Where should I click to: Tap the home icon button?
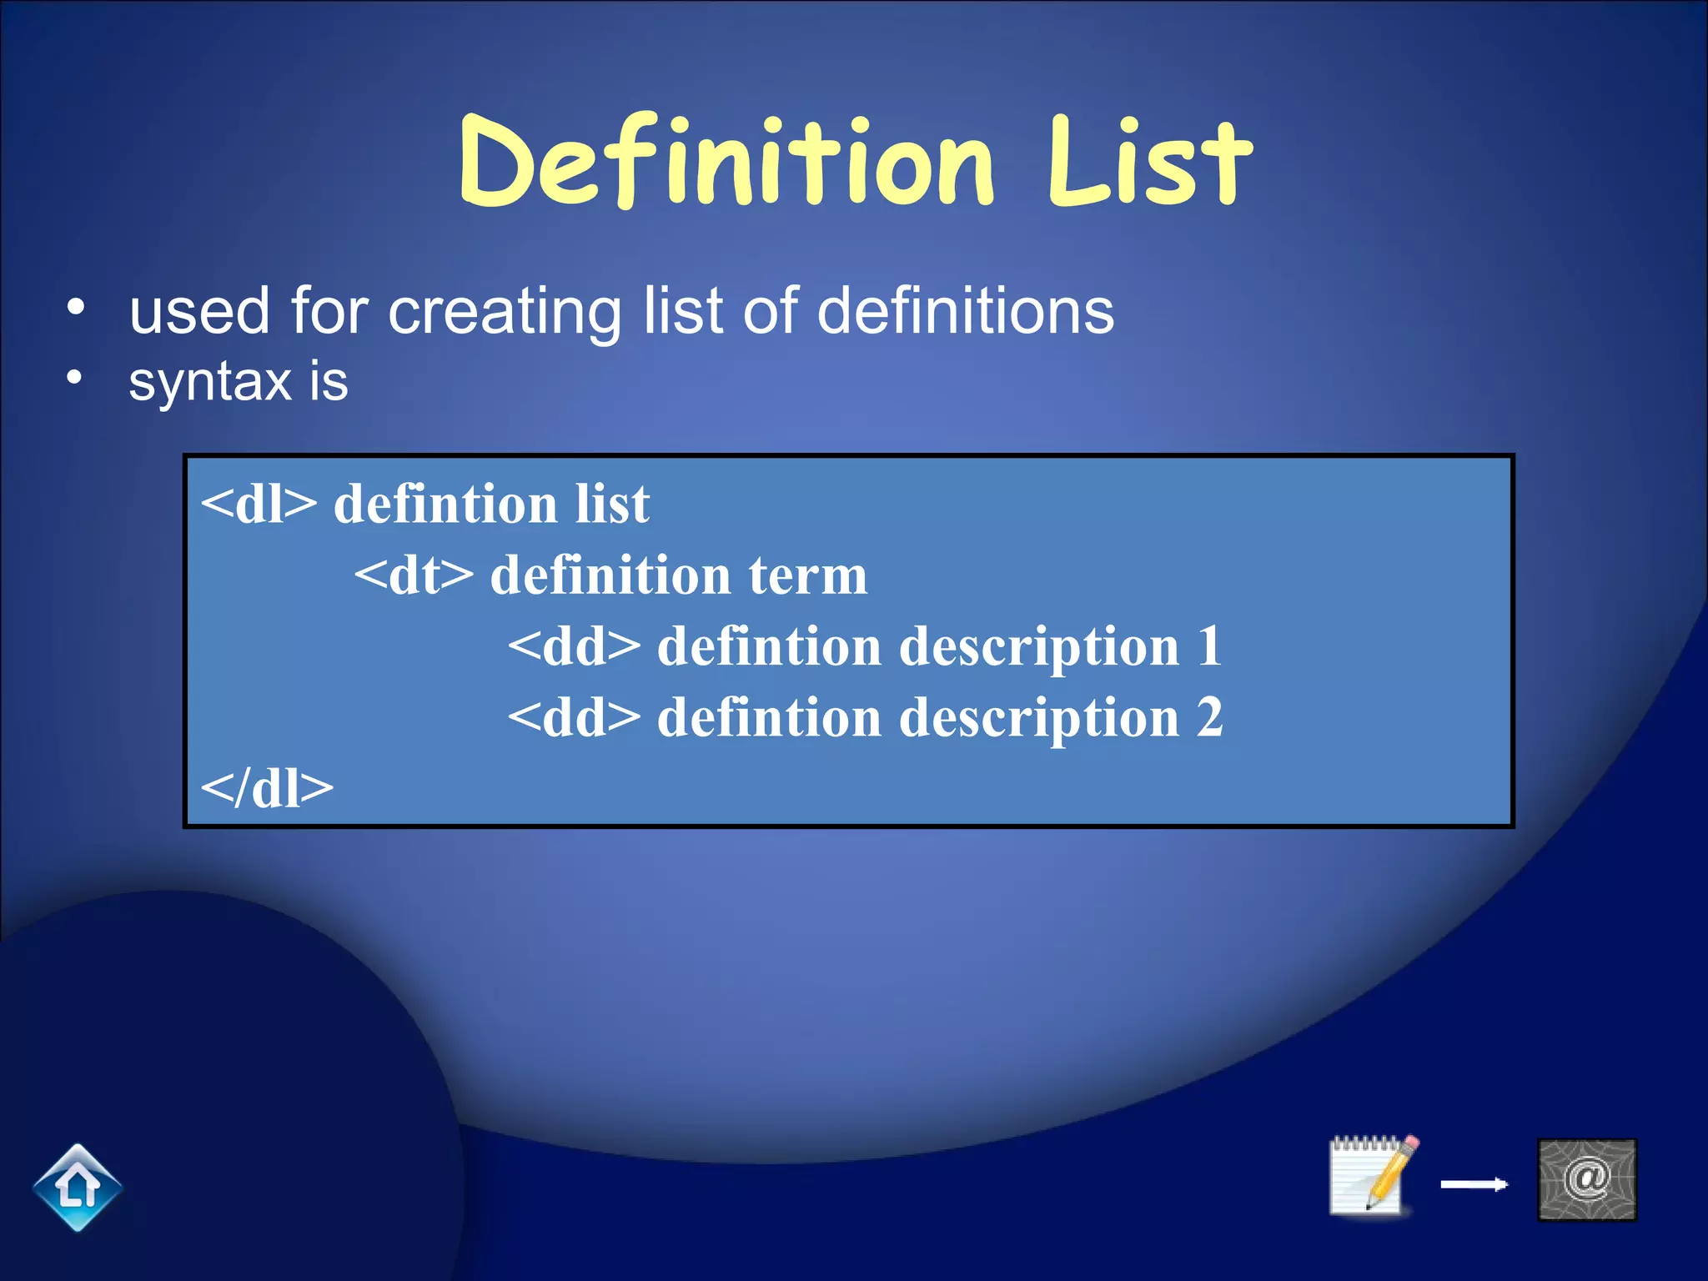click(78, 1187)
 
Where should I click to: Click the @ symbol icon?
click(1586, 1179)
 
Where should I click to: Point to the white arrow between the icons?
click(1474, 1184)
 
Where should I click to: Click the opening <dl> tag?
click(259, 505)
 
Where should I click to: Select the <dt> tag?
click(414, 575)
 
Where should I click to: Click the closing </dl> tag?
click(267, 788)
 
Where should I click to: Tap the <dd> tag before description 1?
click(574, 646)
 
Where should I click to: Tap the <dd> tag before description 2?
click(574, 717)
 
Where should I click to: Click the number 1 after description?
click(1209, 646)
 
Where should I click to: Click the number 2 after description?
click(1209, 717)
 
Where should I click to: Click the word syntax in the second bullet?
click(209, 382)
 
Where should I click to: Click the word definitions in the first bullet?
click(965, 310)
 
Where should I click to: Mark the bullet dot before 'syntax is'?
click(75, 378)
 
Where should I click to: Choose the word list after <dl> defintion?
click(611, 505)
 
